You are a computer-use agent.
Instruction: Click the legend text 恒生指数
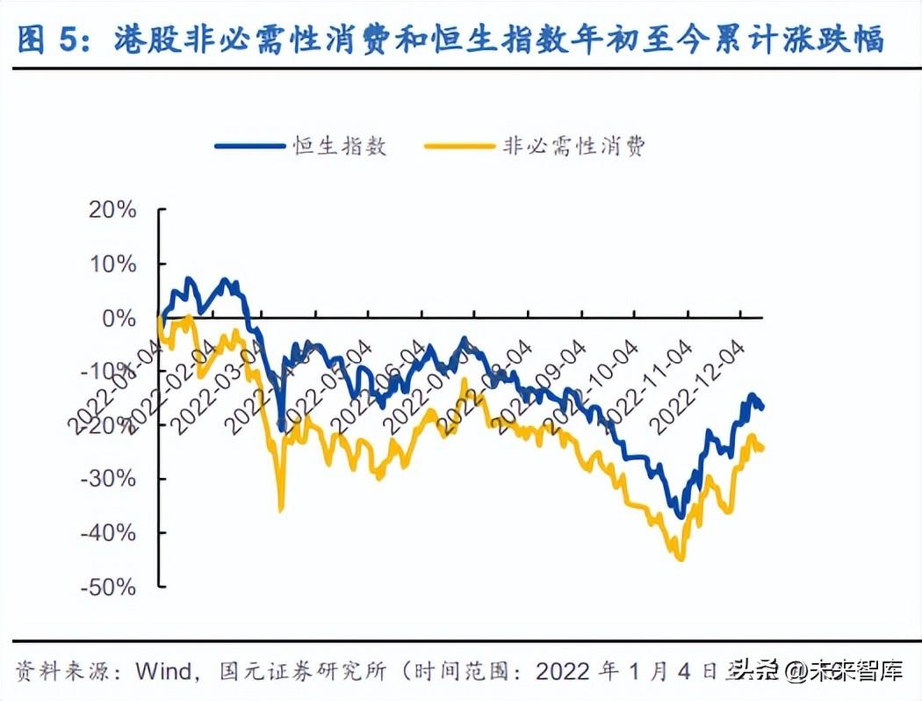click(340, 146)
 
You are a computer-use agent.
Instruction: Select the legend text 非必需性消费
click(573, 146)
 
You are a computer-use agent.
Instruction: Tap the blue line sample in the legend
click(249, 147)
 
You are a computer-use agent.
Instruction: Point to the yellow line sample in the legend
click(459, 147)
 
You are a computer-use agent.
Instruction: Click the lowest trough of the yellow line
click(680, 559)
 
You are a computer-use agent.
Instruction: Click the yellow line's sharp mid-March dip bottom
click(281, 509)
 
